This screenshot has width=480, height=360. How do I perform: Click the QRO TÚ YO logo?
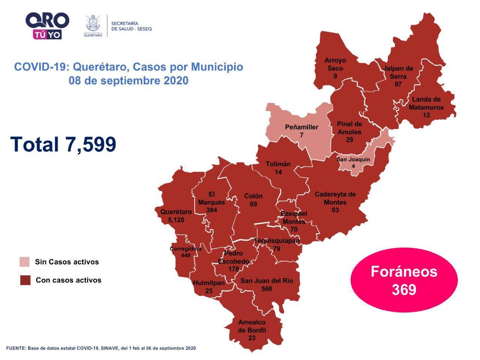click(47, 25)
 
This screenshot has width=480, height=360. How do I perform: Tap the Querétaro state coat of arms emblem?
click(93, 25)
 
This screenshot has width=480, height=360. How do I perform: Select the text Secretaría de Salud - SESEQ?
click(131, 26)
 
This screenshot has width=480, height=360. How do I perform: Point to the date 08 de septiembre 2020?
click(128, 81)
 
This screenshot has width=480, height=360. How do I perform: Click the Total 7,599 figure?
click(63, 144)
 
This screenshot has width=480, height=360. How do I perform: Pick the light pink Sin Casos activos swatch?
click(25, 262)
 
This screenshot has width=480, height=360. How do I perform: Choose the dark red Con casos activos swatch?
click(25, 280)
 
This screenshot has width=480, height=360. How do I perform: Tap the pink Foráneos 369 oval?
click(404, 280)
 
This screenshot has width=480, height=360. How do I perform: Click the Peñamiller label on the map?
click(301, 127)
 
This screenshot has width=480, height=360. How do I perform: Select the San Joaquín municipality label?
click(353, 159)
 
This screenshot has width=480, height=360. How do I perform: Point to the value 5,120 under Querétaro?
click(176, 220)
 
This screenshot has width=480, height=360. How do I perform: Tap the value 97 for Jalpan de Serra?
click(398, 84)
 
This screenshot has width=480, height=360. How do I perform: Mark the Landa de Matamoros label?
click(426, 103)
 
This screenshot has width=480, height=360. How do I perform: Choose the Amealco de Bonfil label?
click(252, 326)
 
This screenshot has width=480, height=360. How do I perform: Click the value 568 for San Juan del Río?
click(267, 288)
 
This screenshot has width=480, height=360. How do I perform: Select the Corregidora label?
click(186, 249)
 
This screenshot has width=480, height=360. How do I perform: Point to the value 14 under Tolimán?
click(278, 172)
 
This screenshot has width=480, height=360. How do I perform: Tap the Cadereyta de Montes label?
click(335, 198)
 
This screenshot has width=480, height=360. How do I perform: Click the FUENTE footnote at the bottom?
click(101, 348)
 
